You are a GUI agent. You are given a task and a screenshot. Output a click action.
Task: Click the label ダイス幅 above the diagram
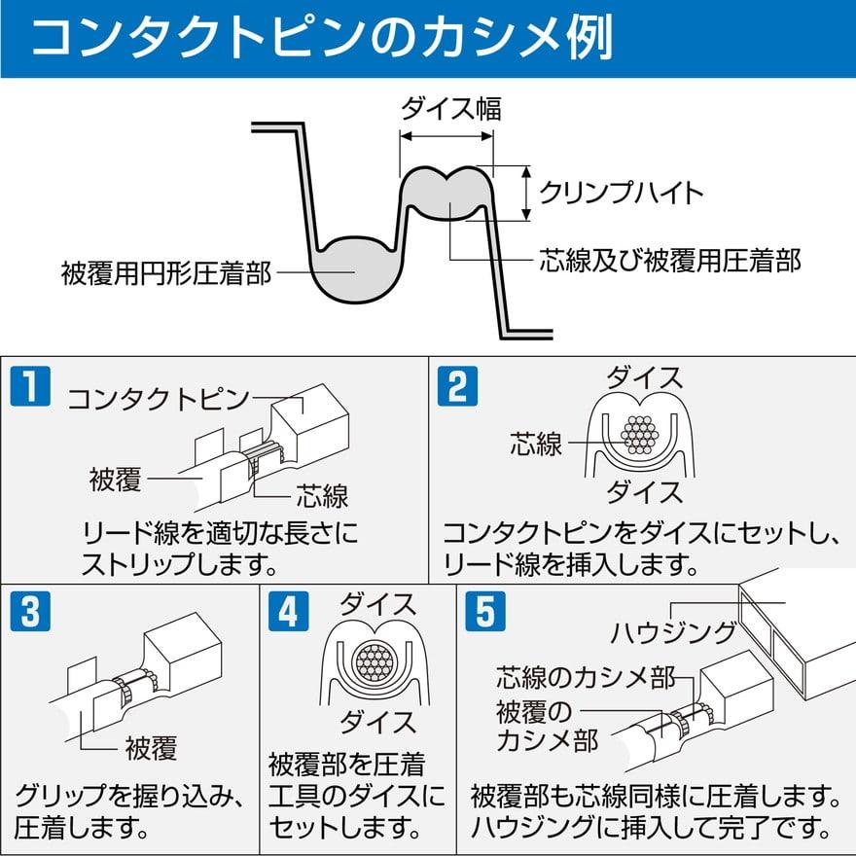click(x=451, y=108)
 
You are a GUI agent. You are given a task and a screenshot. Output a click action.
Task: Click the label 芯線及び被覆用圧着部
click(x=670, y=260)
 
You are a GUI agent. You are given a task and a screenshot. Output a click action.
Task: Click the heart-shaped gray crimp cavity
click(x=446, y=193)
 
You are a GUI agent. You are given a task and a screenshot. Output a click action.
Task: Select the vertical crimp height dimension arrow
click(x=526, y=192)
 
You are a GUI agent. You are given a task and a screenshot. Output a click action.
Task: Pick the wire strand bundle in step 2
click(x=639, y=435)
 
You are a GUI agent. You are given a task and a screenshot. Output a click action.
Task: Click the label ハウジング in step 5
click(x=673, y=633)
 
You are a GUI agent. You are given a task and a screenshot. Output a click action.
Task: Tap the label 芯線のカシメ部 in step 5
click(x=585, y=677)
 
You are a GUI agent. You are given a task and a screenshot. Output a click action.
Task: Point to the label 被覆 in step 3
click(x=151, y=749)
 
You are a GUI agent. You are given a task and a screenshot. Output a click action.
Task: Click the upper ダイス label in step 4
click(x=376, y=604)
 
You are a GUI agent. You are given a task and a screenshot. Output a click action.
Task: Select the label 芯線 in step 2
click(x=536, y=445)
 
